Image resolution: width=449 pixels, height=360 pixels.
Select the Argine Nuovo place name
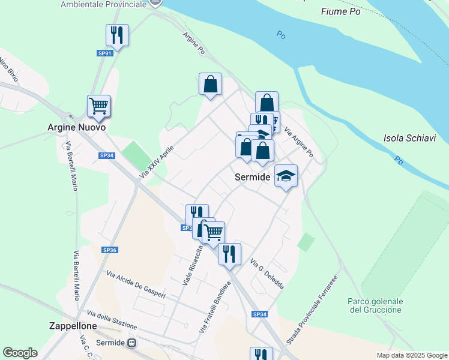(x=76, y=128)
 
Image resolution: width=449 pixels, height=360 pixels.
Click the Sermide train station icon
(x=131, y=343)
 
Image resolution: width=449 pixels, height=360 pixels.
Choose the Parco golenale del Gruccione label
(x=375, y=305)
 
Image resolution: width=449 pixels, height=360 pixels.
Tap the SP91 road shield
(x=105, y=53)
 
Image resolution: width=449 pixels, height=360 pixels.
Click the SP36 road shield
(x=109, y=250)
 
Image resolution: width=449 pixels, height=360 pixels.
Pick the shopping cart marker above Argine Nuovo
(x=98, y=106)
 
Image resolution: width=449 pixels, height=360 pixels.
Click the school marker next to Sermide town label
(x=286, y=175)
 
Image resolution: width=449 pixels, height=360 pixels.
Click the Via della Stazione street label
(x=112, y=319)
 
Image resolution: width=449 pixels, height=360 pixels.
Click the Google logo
(x=20, y=353)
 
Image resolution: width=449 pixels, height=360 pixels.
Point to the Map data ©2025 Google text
(x=411, y=355)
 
